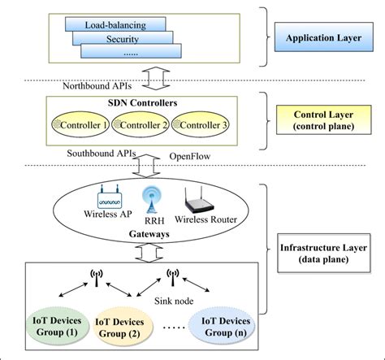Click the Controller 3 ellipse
pos(201,124)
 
